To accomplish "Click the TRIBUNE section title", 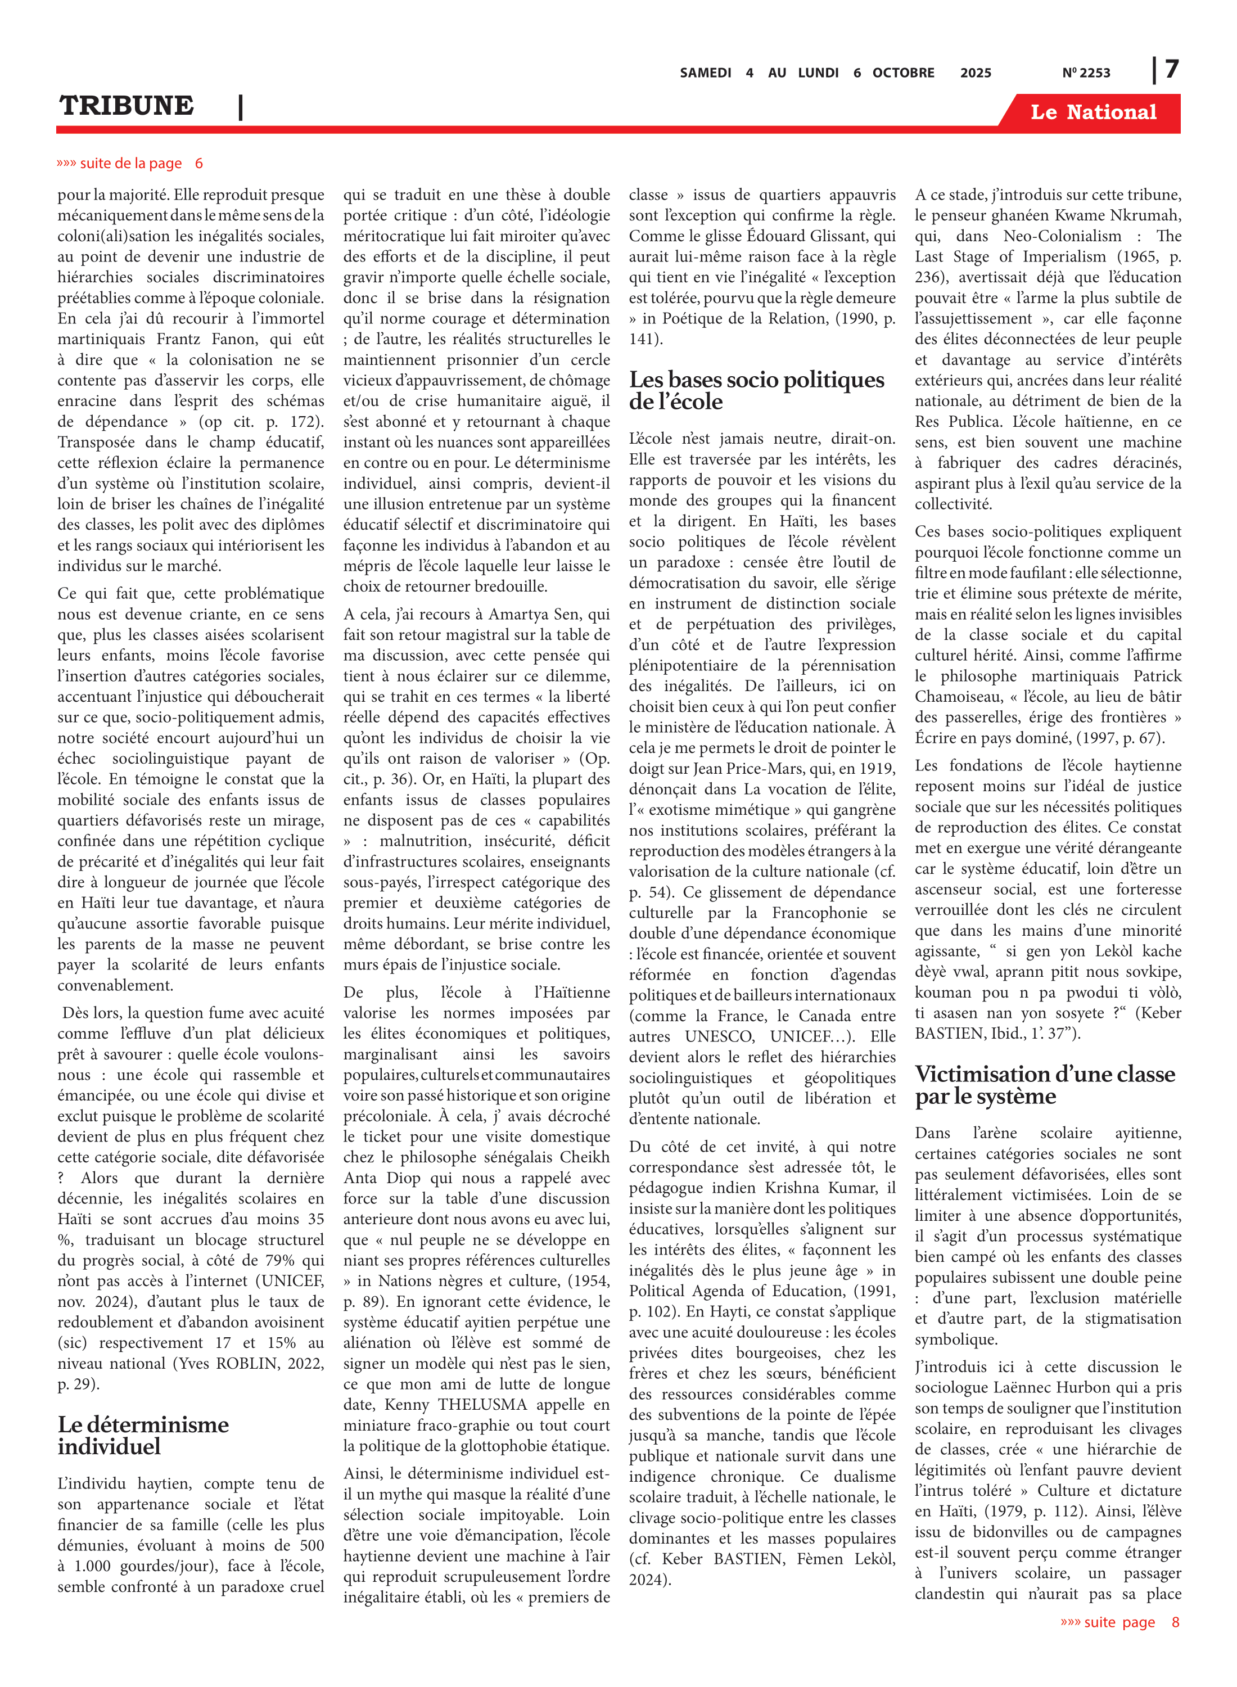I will (127, 106).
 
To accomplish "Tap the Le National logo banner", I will (1092, 112).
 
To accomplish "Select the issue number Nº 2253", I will (1086, 73).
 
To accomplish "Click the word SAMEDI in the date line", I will (705, 73).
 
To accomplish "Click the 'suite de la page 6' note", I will (130, 163).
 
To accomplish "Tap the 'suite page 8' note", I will (1119, 1622).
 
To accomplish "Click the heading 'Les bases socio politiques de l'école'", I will (756, 390).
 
